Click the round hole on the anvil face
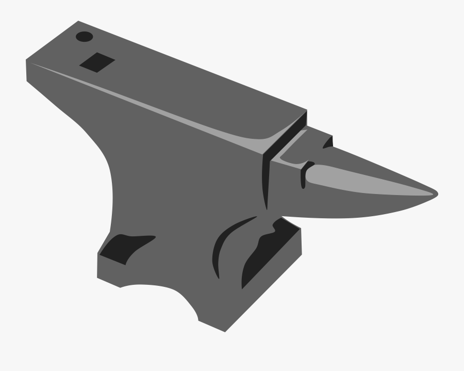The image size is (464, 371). pos(84,37)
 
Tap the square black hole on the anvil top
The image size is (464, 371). pos(97,62)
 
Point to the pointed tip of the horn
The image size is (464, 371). pos(436,194)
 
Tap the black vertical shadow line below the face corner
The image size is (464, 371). pos(266,181)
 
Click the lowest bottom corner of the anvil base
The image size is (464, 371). pos(225,331)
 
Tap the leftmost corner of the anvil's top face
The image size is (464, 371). pos(27,60)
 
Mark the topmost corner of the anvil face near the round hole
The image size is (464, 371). pos(79,22)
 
